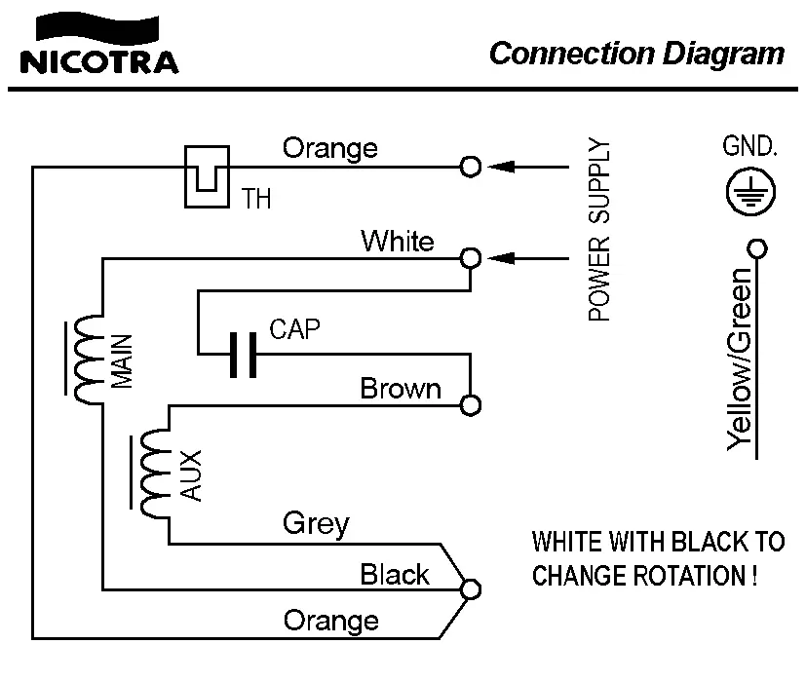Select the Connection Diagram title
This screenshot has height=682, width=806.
(636, 53)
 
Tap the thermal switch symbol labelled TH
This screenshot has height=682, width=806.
(207, 174)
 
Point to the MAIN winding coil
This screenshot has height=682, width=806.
(87, 360)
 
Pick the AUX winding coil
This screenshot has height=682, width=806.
(154, 474)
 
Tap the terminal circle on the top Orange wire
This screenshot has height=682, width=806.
(471, 167)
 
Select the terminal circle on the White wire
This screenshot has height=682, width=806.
(471, 258)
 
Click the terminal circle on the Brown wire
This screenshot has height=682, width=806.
(471, 404)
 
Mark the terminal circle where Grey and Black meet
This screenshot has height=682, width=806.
(471, 589)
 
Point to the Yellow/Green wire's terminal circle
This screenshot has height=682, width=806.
(755, 248)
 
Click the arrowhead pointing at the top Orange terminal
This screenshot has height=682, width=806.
(500, 167)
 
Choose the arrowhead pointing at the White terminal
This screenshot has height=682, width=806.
(500, 258)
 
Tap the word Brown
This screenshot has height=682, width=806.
(401, 389)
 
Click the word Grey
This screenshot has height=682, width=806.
(315, 524)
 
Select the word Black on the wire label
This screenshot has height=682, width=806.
(394, 574)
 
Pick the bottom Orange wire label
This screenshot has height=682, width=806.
(330, 620)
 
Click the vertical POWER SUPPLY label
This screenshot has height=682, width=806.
(600, 231)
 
